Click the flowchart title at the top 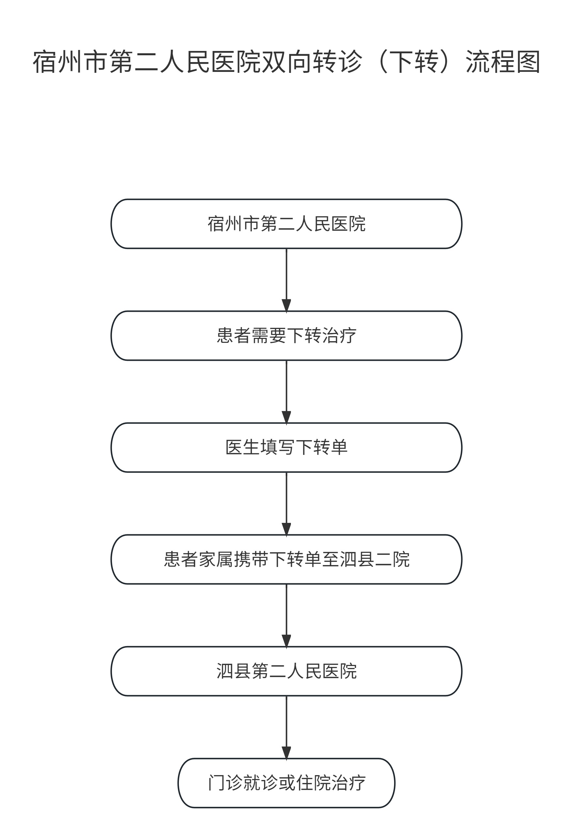(287, 62)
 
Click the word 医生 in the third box (242, 447)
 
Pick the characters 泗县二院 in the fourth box (374, 559)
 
